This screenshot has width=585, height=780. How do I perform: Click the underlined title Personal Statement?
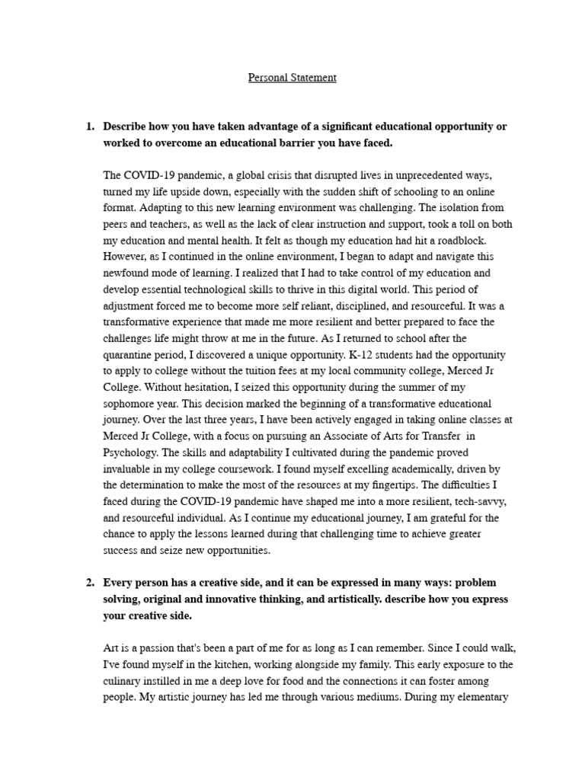tap(292, 78)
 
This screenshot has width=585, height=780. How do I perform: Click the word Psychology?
tap(129, 470)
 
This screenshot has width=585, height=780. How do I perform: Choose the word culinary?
tap(123, 681)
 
